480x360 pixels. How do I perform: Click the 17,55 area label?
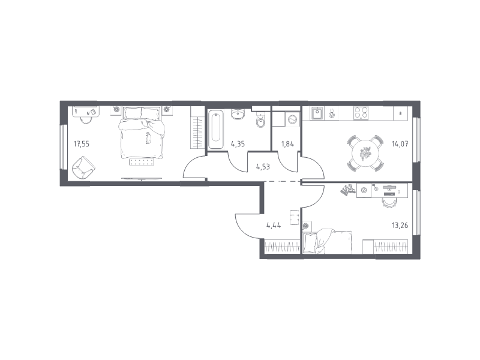tap(82, 143)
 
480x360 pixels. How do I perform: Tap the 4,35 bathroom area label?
tap(238, 143)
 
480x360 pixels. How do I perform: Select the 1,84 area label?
tap(287, 143)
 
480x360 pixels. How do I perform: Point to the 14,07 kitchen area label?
tap(400, 143)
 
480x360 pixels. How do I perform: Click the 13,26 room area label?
tap(400, 226)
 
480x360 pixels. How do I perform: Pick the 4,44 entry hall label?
tap(274, 226)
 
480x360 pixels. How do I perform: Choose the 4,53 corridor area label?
tap(263, 167)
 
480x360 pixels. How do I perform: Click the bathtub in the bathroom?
tap(216, 130)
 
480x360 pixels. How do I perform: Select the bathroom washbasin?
tap(238, 115)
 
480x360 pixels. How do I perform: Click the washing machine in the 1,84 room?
tap(293, 119)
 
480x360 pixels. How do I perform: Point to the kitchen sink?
tap(317, 113)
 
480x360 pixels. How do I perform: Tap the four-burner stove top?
tap(361, 113)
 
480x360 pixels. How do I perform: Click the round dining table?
tap(365, 153)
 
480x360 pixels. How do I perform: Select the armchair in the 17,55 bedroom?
tap(83, 167)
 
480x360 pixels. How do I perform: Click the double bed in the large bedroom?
tap(142, 133)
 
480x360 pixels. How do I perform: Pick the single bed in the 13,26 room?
tap(328, 242)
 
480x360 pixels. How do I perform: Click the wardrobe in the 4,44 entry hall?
tap(282, 247)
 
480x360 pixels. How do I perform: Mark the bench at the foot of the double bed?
tap(142, 162)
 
